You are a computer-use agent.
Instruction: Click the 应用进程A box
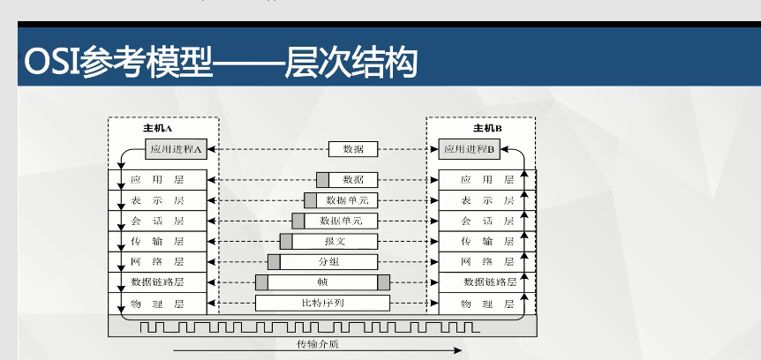point(176,150)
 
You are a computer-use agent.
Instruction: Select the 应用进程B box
point(470,150)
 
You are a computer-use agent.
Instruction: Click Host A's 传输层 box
point(157,241)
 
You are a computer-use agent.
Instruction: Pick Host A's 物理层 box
point(157,304)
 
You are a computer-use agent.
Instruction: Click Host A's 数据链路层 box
point(157,282)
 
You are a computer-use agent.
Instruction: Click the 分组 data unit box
point(328,262)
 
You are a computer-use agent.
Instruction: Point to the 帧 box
point(322,282)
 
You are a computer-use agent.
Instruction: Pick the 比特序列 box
point(322,304)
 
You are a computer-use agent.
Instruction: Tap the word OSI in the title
point(49,64)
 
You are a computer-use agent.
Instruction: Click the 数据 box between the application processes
point(353,150)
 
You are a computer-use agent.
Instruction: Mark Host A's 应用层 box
point(157,179)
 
